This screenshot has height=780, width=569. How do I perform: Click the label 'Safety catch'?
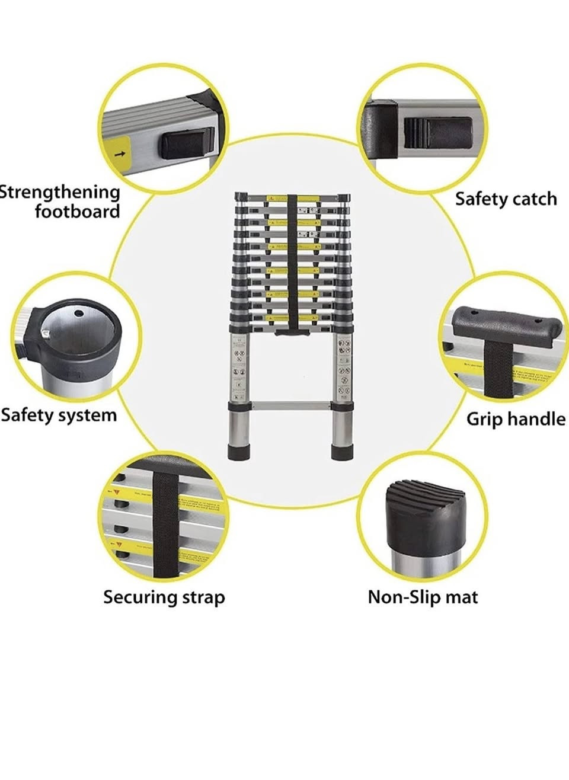point(506,199)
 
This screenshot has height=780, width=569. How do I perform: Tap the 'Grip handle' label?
point(516,419)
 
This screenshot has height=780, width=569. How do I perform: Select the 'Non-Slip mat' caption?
point(423,596)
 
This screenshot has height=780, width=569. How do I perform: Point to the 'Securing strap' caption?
point(164,597)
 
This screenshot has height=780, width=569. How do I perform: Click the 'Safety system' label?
point(59,415)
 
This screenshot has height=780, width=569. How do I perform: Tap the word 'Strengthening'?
point(60,192)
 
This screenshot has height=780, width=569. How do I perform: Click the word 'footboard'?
point(77,212)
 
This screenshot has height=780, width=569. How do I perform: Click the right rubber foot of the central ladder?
point(341,452)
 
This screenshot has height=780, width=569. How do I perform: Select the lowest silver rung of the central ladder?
point(291,407)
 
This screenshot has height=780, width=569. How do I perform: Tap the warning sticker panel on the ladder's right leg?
point(343,367)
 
